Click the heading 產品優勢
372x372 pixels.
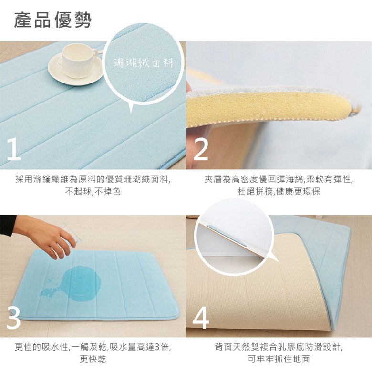point(52,20)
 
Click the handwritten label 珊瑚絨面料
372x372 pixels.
point(143,63)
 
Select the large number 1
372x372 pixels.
point(13,149)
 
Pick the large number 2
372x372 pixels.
point(201,149)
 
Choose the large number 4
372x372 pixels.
point(201,318)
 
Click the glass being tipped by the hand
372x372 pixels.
point(72,233)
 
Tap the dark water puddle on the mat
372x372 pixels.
point(80,282)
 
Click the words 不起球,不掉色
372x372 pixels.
point(93,191)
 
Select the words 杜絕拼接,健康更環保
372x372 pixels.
point(279,191)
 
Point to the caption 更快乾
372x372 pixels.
point(93,359)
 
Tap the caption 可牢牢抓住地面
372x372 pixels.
point(279,359)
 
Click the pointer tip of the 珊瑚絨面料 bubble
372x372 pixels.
point(131,113)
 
